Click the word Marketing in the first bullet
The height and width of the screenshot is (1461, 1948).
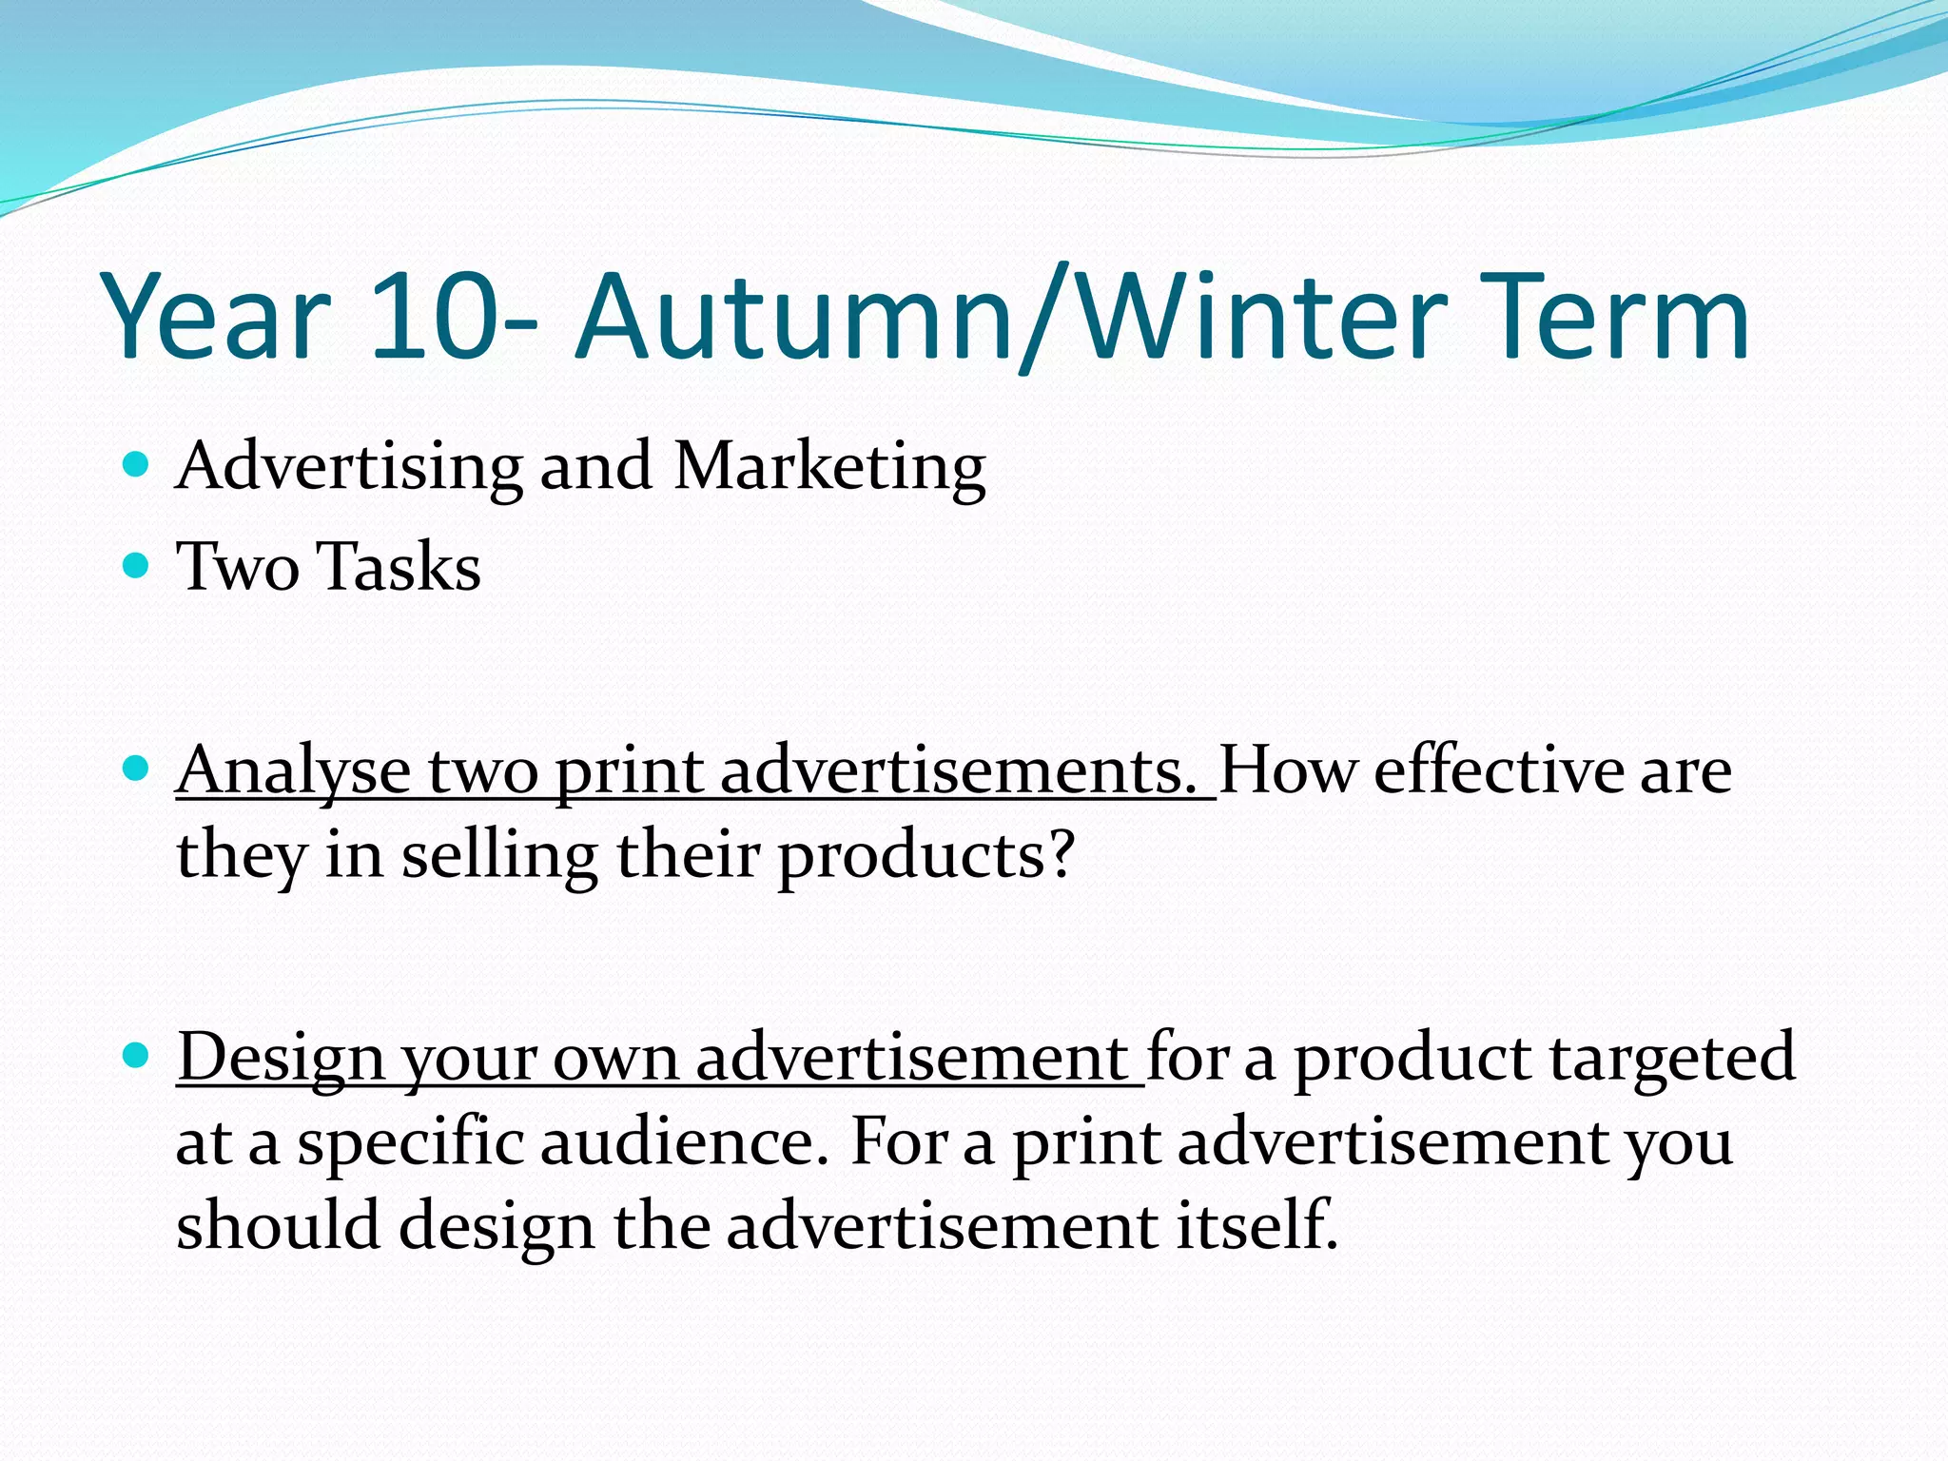[829, 468]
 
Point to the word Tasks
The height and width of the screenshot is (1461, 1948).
[399, 567]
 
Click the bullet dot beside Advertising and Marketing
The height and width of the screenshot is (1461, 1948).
[137, 465]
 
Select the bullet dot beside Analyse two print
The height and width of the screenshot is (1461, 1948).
[137, 768]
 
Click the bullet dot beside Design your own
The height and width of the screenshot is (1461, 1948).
[137, 1055]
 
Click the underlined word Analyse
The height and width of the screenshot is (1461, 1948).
[293, 772]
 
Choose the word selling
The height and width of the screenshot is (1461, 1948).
[499, 856]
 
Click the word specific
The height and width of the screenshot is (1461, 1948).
[410, 1143]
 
